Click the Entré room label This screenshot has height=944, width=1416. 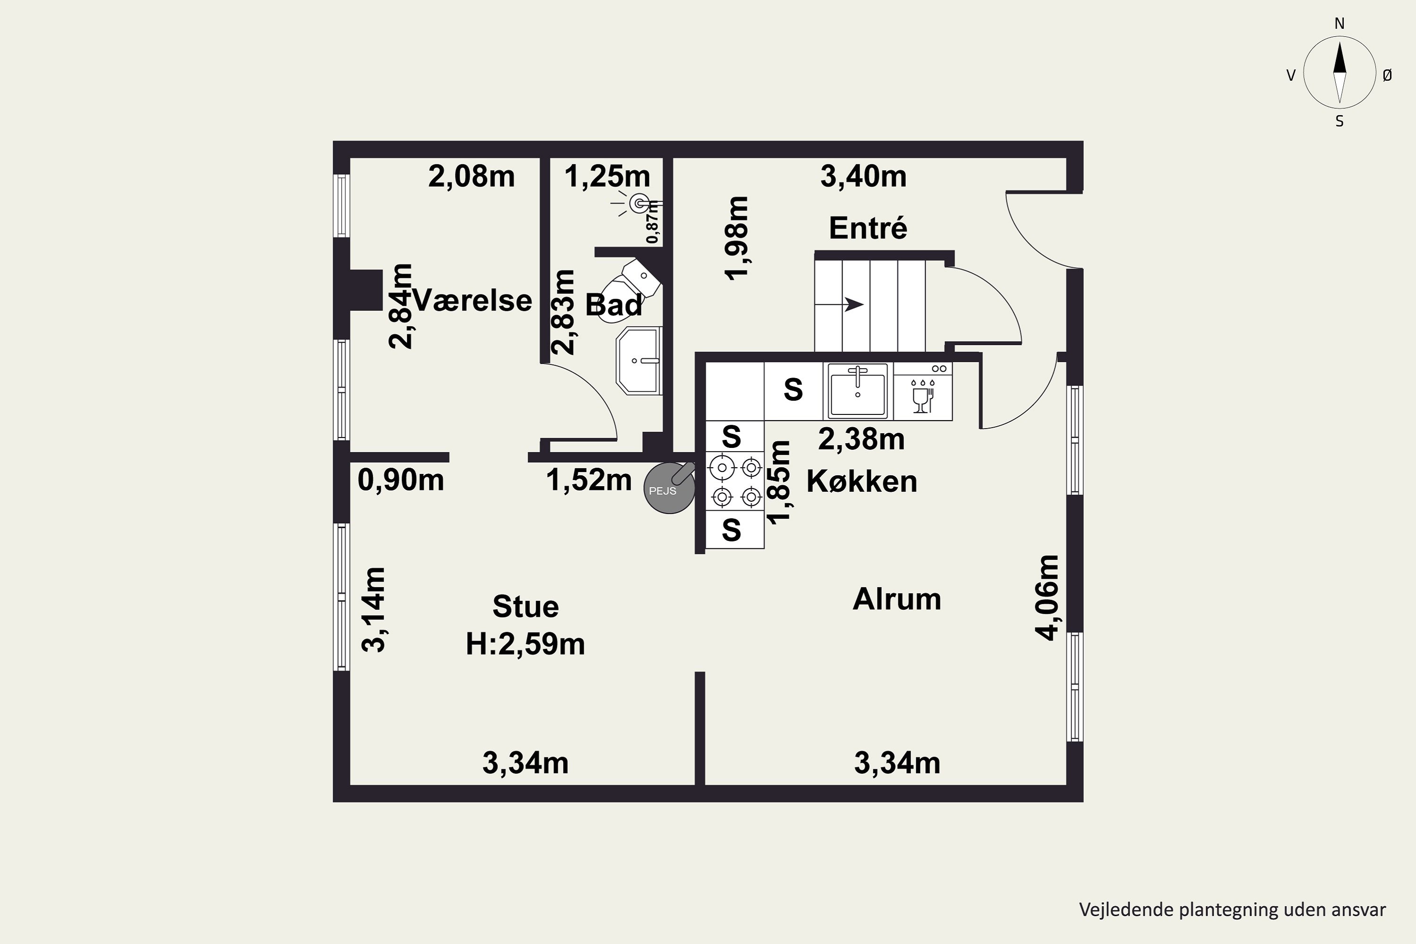pos(868,228)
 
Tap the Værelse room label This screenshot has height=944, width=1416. pos(472,300)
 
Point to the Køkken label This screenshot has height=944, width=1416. pos(861,481)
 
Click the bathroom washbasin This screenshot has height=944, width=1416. pos(639,361)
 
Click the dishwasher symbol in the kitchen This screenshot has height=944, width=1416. pos(922,391)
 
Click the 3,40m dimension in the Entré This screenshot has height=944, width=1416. pos(863,177)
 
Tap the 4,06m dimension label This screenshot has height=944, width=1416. pos(1046,598)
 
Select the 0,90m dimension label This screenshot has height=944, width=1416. pos(401,480)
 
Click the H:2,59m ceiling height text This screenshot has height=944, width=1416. pos(525,644)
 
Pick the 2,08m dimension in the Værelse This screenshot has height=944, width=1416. pos(472,177)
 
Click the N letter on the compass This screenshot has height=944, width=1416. pos(1340,24)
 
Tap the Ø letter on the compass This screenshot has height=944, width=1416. pos(1387,75)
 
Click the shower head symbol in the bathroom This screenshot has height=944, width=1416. pos(638,204)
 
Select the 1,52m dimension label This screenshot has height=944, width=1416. pos(589,480)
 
